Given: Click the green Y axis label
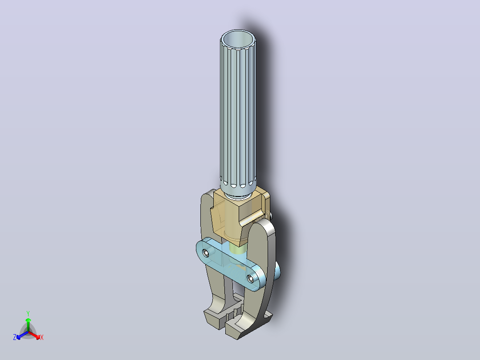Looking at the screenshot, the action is pyautogui.click(x=28, y=313).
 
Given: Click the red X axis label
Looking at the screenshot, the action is pyautogui.click(x=42, y=337).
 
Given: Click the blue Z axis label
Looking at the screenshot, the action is pyautogui.click(x=15, y=337).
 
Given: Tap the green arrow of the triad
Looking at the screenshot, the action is pyautogui.click(x=28, y=324).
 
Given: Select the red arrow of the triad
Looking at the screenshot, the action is pyautogui.click(x=35, y=335).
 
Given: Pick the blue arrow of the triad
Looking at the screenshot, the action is pyautogui.click(x=22, y=335).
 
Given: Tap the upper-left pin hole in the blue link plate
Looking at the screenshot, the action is pyautogui.click(x=206, y=253).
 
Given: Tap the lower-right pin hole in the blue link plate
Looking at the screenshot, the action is pyautogui.click(x=251, y=278).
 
